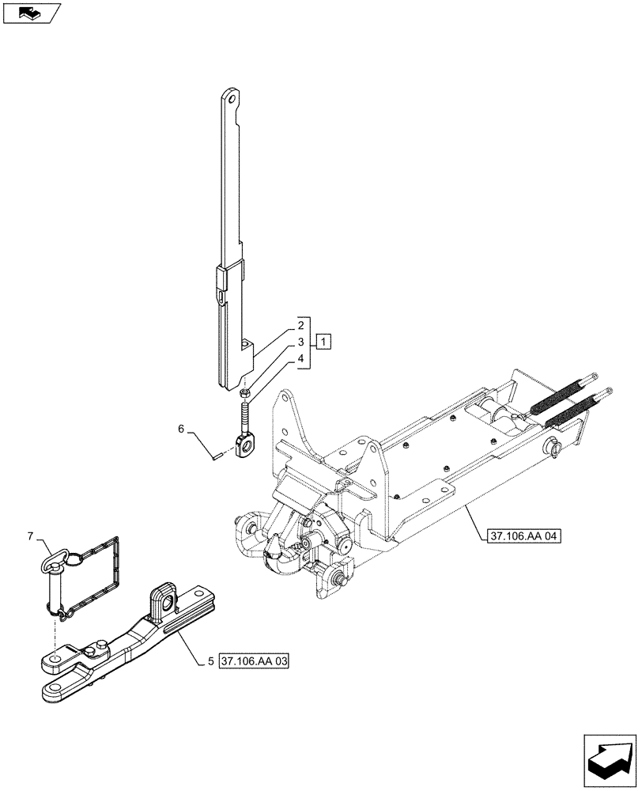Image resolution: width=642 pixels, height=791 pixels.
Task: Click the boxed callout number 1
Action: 324,342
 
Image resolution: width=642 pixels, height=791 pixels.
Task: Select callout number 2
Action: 301,325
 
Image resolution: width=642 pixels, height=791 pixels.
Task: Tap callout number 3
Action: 301,342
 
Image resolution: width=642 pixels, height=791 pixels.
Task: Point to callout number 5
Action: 211,661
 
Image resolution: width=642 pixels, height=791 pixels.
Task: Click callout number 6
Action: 181,430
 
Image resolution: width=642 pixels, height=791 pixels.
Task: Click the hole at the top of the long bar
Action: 230,100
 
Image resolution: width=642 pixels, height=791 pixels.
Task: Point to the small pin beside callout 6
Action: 217,454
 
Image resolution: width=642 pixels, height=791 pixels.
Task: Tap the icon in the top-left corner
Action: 31,13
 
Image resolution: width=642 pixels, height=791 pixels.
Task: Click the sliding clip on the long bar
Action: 223,279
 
